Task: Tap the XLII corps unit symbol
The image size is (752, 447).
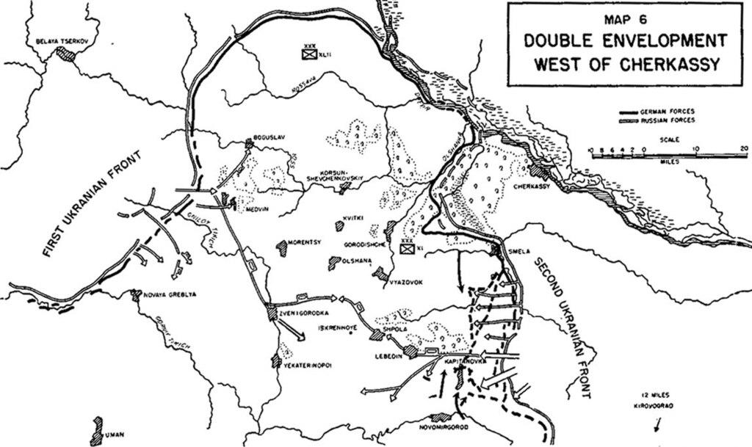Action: pyautogui.click(x=308, y=52)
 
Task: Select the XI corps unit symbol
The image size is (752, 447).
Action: pyautogui.click(x=406, y=247)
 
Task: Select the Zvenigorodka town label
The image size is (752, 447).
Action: pyautogui.click(x=303, y=312)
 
